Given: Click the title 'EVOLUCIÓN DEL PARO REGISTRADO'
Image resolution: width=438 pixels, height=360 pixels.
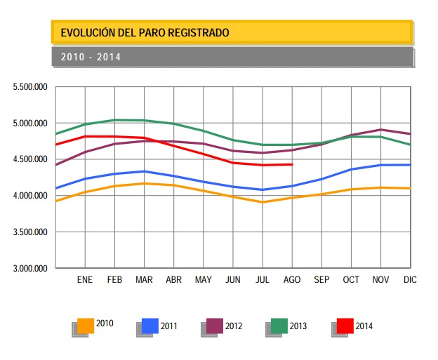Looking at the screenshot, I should point(145,32).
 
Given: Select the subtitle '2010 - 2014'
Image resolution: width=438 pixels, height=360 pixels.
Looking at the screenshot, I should point(91,57).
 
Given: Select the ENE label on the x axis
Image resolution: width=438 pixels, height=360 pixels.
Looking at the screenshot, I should point(84,279).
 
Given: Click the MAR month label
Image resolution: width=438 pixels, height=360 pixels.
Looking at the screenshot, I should point(144,279).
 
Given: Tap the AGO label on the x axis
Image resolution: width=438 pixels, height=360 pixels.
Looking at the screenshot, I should point(291,279).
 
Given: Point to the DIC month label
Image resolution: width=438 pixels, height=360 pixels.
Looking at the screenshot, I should point(410,279).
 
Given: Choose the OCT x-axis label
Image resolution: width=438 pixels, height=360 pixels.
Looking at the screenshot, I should point(350,279).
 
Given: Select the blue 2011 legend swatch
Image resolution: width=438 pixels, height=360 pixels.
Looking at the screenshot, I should point(150,326).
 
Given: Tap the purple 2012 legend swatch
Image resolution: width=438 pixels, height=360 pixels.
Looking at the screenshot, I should point(215,326).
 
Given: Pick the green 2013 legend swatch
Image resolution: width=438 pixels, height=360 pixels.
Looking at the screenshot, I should point(279,326).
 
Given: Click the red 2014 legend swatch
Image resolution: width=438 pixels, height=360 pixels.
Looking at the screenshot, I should point(345,326).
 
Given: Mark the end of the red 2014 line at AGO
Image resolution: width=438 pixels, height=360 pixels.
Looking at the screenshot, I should point(291,164).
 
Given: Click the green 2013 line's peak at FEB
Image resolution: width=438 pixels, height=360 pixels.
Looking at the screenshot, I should point(114,120).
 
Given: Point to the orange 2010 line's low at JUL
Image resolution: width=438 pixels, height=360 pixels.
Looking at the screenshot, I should point(262,202).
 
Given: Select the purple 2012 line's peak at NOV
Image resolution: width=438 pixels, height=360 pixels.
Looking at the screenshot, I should point(380,130).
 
